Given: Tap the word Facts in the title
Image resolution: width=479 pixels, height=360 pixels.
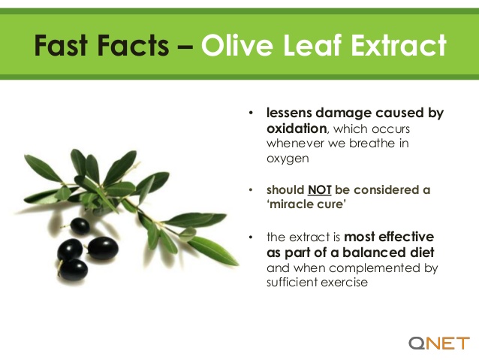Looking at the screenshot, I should pyautogui.click(x=142, y=47).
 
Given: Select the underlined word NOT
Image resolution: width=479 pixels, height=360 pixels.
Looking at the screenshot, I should pyautogui.click(x=319, y=190).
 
